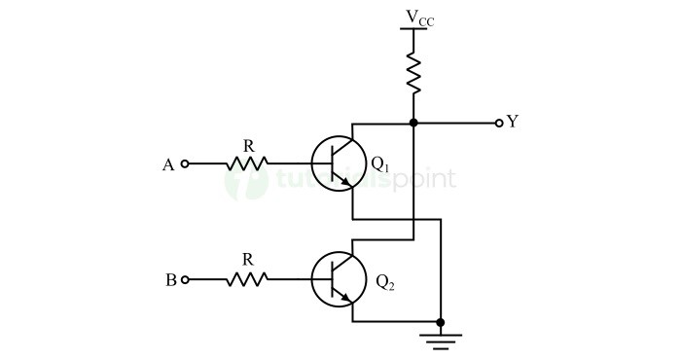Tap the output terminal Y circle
coord(499,124)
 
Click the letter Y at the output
coord(513,123)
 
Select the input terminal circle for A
coord(186,164)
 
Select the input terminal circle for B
coord(186,280)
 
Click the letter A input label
coord(168,165)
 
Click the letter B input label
coord(170,280)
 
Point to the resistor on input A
coord(247,164)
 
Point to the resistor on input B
coord(247,280)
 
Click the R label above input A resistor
coord(248,145)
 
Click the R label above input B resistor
coord(247,260)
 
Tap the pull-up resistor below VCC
coord(413,72)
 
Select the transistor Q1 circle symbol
coord(334,163)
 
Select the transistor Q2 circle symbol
coord(334,280)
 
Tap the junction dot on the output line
coord(413,124)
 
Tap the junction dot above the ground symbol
coord(441,322)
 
